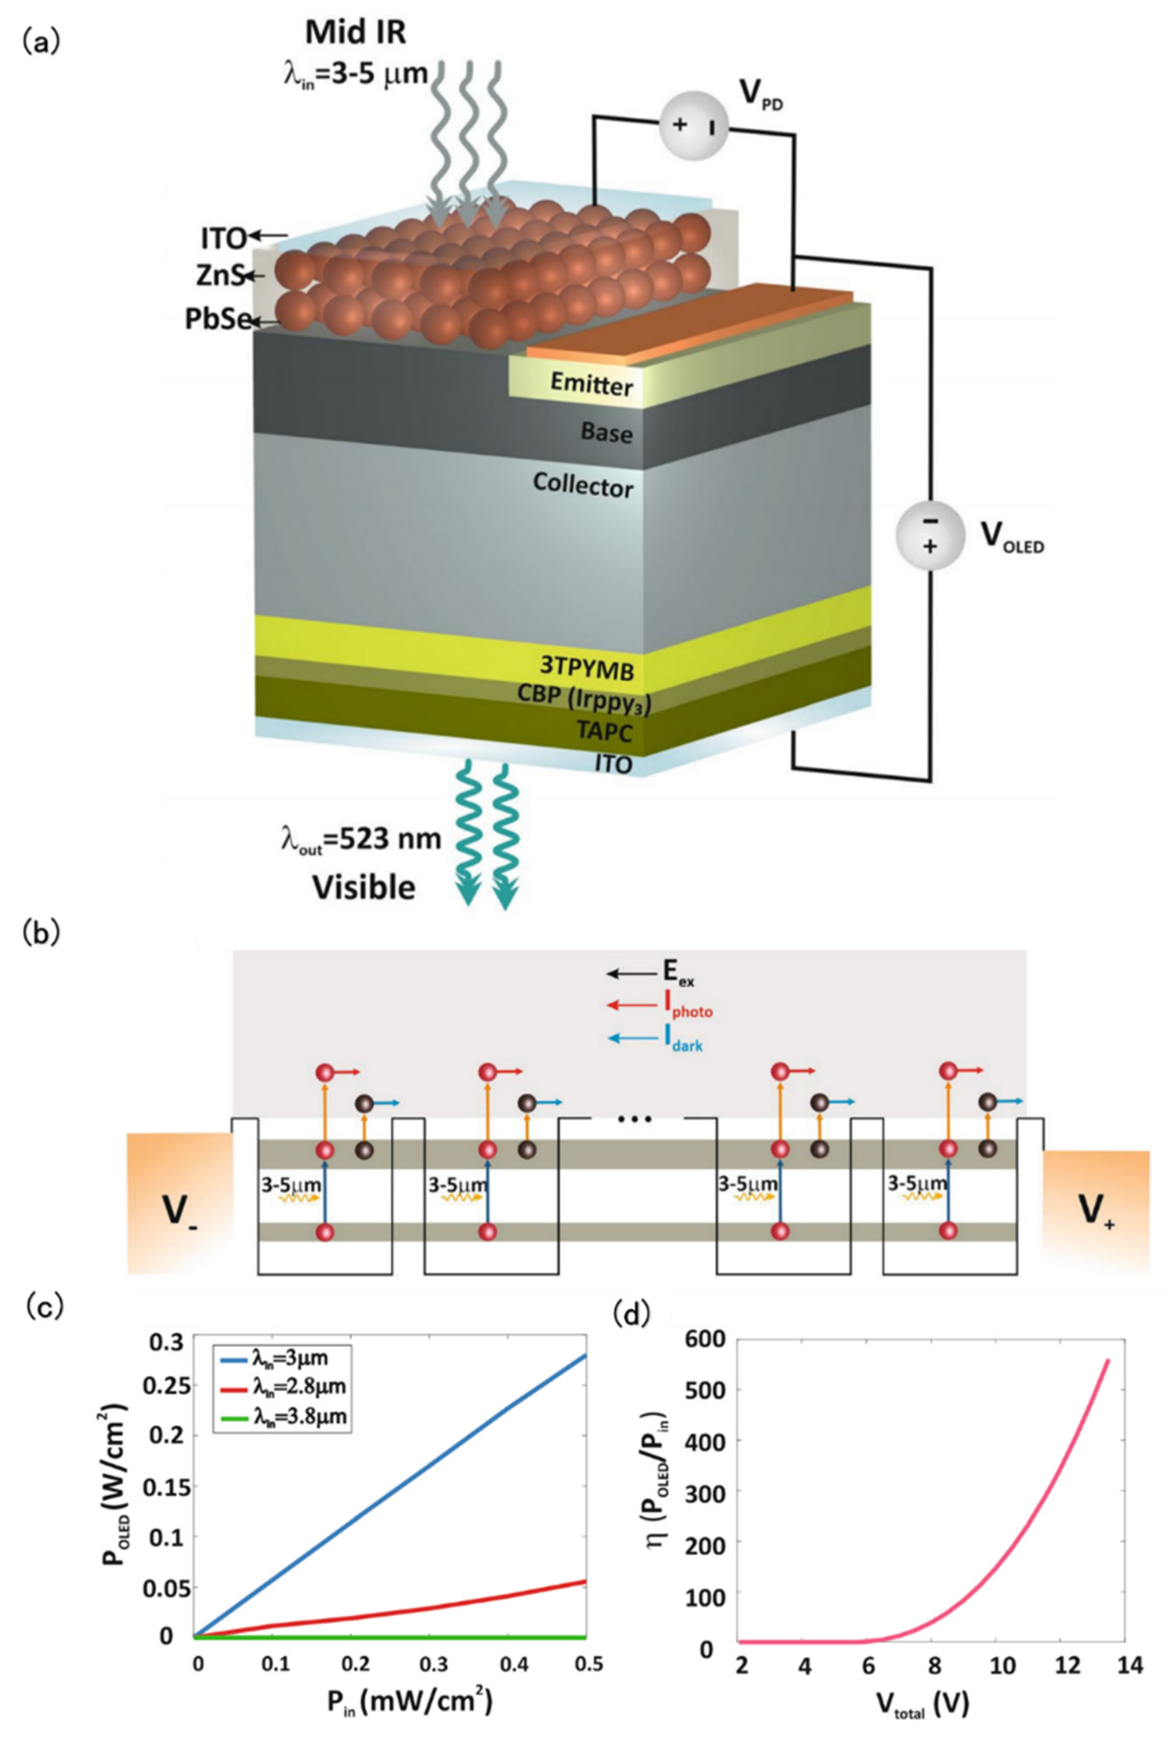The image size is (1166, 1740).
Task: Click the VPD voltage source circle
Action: pyautogui.click(x=693, y=125)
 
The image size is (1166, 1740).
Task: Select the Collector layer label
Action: pyautogui.click(x=583, y=485)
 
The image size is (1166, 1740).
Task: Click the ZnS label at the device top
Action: pyautogui.click(x=220, y=276)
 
